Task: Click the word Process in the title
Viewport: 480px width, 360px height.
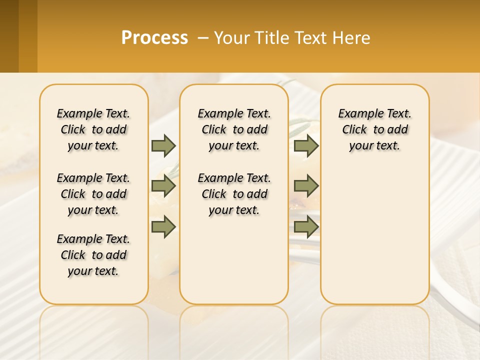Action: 154,38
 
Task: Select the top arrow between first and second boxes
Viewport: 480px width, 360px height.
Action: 163,145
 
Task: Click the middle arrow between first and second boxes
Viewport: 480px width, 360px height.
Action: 163,186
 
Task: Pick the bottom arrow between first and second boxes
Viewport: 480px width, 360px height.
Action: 163,227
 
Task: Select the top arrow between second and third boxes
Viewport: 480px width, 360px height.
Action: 306,145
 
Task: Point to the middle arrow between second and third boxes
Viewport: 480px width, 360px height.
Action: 306,186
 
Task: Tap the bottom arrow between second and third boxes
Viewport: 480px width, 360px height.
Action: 306,227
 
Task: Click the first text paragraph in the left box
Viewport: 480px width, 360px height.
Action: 93,129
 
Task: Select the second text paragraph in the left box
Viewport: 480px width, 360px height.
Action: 93,194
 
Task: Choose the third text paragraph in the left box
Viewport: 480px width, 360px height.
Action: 93,255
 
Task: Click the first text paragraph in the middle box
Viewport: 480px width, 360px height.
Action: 234,129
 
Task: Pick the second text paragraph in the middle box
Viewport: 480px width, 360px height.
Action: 234,194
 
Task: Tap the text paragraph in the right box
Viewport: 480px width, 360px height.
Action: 374,129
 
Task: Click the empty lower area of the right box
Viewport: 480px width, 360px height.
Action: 374,235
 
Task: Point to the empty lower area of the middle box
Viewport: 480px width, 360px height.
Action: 234,260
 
